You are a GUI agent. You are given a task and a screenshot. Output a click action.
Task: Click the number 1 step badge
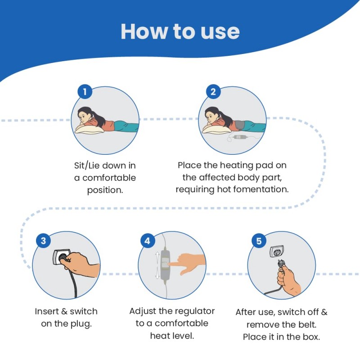(x=85, y=92)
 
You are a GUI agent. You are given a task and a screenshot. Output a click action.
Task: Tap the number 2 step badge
(x=213, y=92)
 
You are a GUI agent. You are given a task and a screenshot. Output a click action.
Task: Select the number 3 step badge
(x=43, y=241)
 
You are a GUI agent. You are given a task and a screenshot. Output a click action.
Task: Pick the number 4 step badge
(x=147, y=241)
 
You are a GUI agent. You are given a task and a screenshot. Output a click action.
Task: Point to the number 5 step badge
(x=259, y=241)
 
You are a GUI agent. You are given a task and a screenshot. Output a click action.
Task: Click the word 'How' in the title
(x=144, y=31)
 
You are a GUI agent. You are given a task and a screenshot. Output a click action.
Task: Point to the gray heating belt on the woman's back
(x=240, y=126)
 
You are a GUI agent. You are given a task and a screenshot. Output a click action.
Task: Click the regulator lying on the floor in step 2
(x=239, y=137)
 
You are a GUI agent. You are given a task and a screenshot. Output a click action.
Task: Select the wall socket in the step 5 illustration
(x=277, y=252)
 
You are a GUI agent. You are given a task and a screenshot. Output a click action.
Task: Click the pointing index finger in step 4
(x=178, y=265)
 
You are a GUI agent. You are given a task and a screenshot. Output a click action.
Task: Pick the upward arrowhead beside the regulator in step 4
(x=157, y=254)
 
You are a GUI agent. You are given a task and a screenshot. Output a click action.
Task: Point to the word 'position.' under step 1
(x=105, y=190)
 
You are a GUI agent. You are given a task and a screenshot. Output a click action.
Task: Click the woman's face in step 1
(x=83, y=117)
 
